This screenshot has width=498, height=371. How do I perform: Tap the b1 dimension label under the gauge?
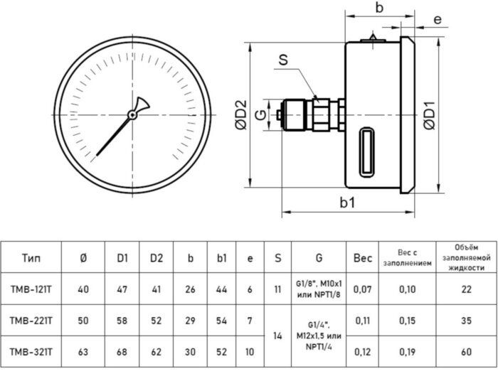[x=348, y=203]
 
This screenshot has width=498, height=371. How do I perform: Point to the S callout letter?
[x=282, y=60]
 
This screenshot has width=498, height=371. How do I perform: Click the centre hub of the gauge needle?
[x=132, y=114]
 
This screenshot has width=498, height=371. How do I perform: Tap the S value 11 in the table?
[x=277, y=289]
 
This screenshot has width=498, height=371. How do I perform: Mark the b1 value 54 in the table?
[x=221, y=321]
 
